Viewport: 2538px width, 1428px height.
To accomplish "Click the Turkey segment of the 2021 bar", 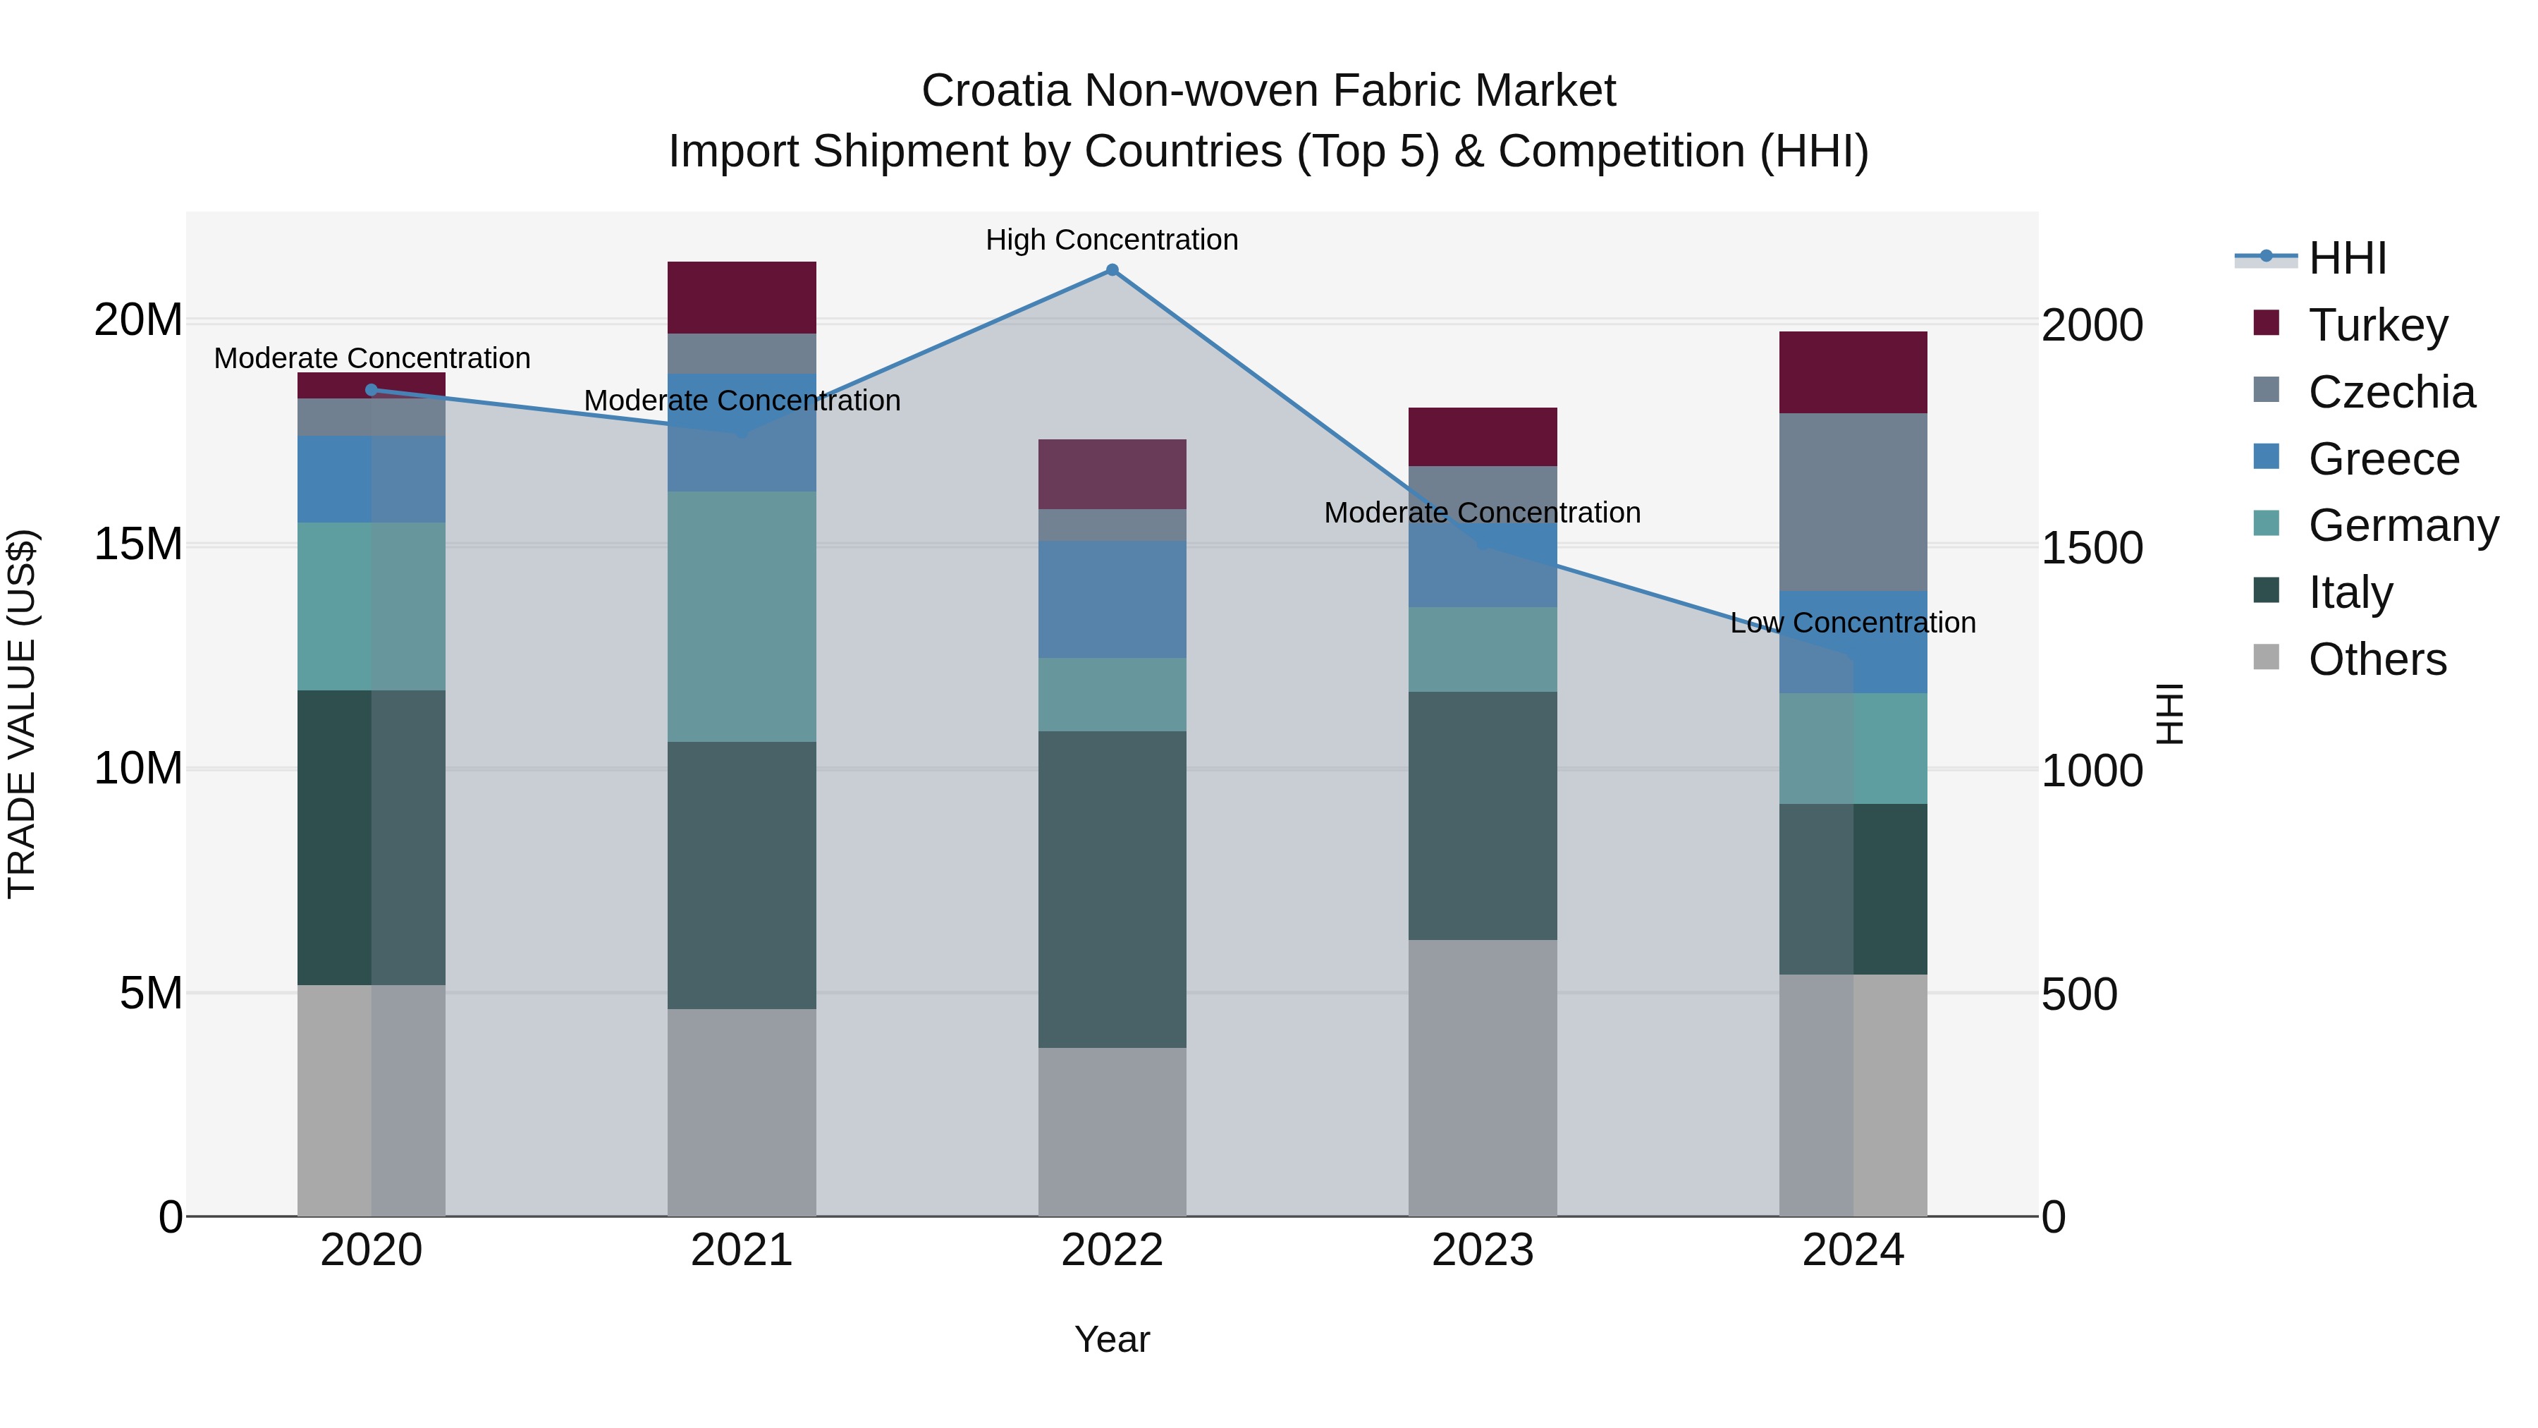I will click(741, 297).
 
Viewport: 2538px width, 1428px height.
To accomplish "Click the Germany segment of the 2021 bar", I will click(741, 616).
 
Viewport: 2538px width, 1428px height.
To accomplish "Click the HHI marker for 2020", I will click(372, 390).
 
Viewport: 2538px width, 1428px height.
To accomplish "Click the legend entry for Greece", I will click(2384, 459).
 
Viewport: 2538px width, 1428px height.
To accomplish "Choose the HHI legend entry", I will click(2347, 258).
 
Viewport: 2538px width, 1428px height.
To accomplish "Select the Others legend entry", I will click(2377, 659).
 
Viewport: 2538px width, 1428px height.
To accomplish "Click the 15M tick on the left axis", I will click(138, 544).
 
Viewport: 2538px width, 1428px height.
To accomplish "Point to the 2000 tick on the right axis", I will click(2091, 325).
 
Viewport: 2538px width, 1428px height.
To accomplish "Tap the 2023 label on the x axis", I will click(1482, 1250).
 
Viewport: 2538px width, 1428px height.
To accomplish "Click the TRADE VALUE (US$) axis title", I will click(22, 714).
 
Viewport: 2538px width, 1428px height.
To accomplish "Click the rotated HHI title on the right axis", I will click(2169, 714).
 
